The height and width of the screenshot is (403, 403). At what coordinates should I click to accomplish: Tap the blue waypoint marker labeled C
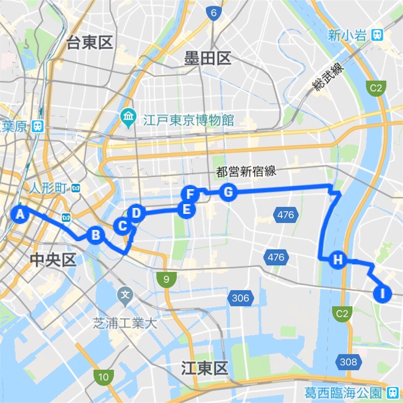(x=122, y=226)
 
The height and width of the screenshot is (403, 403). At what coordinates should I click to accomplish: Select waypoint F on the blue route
(x=190, y=194)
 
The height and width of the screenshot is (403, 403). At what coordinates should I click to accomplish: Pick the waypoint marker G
(x=228, y=192)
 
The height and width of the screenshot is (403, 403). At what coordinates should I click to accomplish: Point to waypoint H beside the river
(x=338, y=260)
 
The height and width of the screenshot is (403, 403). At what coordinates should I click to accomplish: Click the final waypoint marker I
(x=383, y=293)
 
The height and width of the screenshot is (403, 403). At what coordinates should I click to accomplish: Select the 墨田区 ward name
(x=207, y=59)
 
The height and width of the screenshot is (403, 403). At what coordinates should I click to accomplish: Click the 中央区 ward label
(x=53, y=260)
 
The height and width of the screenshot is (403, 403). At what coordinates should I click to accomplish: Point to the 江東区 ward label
(x=205, y=369)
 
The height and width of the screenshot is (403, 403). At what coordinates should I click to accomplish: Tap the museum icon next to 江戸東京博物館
(x=129, y=117)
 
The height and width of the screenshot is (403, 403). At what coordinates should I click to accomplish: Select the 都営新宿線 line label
(x=246, y=172)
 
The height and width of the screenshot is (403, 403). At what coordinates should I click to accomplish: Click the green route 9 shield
(x=166, y=280)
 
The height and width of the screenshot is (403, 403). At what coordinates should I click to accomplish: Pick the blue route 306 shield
(x=240, y=298)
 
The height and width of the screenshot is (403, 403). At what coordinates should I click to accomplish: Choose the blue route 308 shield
(x=348, y=362)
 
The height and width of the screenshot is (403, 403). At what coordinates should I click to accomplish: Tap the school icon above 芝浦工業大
(x=126, y=294)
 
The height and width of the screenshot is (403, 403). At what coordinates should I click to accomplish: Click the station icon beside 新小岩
(x=377, y=36)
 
